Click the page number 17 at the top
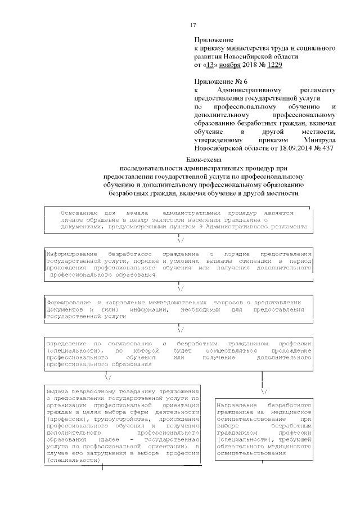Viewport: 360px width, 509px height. pos(192,25)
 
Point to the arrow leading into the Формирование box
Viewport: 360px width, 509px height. pos(181,288)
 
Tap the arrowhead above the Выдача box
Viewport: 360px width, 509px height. pos(107,377)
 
